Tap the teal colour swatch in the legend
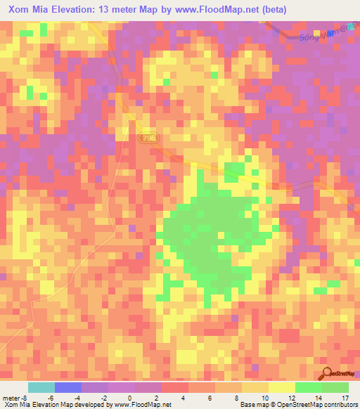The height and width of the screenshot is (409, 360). coord(41,387)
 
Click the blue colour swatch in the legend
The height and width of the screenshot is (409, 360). coord(67,387)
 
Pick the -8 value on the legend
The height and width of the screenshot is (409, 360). coord(25,398)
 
